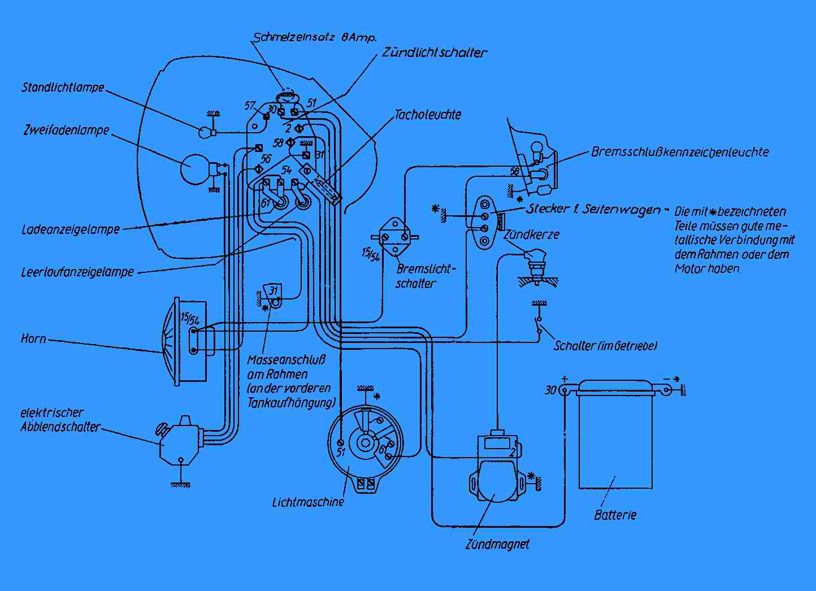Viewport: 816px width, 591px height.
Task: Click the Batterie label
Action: (x=615, y=515)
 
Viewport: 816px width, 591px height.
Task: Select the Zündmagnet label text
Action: (x=497, y=545)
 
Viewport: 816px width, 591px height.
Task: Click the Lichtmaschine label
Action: (x=307, y=501)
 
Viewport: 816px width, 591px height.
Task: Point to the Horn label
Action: (x=33, y=339)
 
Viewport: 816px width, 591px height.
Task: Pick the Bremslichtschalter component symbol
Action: (x=394, y=237)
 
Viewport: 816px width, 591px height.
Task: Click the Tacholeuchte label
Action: (x=428, y=115)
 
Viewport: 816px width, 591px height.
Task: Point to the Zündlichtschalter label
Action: (x=434, y=53)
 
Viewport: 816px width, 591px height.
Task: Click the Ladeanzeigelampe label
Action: (x=71, y=229)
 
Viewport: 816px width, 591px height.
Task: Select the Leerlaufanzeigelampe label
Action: (x=77, y=271)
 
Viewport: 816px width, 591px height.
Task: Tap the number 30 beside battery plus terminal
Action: (x=550, y=390)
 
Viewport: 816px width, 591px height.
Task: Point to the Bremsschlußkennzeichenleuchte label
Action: (x=680, y=151)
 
